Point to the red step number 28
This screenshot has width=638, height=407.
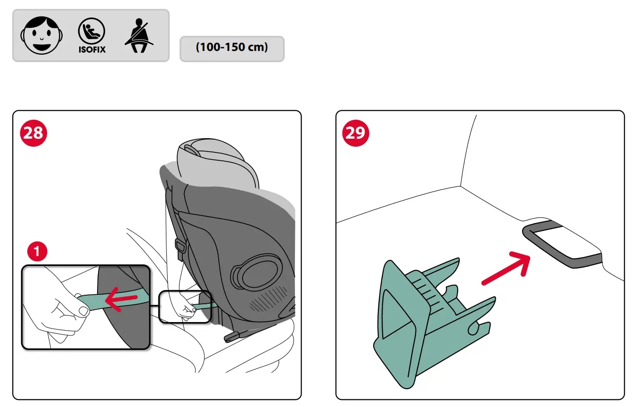[33, 133]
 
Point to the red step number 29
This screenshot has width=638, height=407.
[356, 133]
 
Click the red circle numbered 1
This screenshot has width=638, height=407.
[37, 252]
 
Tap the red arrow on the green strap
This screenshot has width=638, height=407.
[121, 298]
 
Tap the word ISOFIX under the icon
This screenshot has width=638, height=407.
[91, 49]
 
